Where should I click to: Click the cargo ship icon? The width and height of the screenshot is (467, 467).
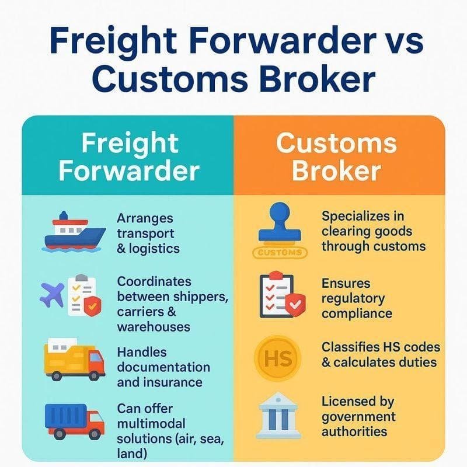[75, 232]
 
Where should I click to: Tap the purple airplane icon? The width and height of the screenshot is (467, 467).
[52, 295]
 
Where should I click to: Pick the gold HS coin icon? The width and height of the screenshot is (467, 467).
[278, 358]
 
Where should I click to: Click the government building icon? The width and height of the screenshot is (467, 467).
[278, 416]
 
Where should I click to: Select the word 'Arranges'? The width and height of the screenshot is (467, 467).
[145, 219]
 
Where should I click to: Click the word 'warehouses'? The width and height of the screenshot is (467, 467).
[154, 327]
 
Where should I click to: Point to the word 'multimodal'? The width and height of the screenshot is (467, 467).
[151, 424]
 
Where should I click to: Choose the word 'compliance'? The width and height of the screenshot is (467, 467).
[357, 314]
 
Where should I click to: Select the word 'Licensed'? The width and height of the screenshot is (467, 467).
[344, 402]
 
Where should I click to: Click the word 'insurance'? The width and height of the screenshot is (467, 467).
[173, 382]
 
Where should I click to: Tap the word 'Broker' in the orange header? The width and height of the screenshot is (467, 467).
[336, 170]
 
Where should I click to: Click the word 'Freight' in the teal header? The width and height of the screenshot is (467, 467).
[130, 144]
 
